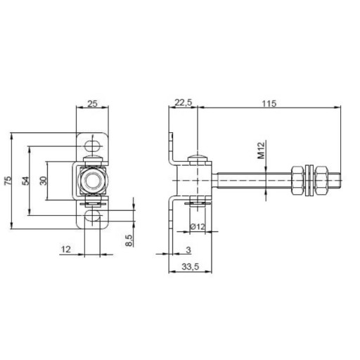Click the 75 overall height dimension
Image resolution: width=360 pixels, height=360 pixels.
[8, 181]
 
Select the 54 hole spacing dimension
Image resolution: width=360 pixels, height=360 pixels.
[26, 181]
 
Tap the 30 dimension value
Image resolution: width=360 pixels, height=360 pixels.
[44, 181]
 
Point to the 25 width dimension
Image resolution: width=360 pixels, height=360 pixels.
[92, 103]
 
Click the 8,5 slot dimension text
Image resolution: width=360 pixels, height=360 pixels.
[129, 240]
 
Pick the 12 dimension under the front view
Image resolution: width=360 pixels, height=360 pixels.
[66, 249]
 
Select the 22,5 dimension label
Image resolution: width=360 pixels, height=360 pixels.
[183, 103]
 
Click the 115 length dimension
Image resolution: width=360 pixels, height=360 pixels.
[269, 103]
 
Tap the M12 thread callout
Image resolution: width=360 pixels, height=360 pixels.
[262, 150]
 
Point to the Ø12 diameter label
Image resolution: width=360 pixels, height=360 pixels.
[198, 226]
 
